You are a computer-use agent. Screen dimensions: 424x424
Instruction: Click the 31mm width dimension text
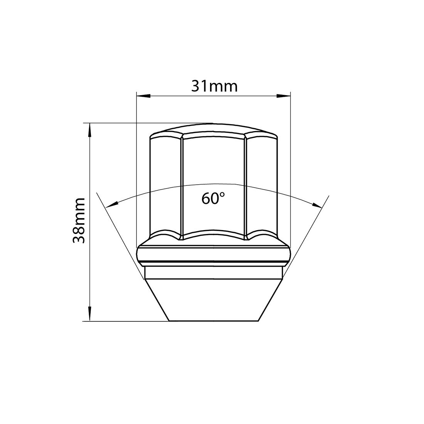pos(214,86)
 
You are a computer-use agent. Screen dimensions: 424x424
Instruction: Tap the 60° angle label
pos(213,198)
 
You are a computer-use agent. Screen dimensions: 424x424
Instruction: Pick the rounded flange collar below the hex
pos(213,254)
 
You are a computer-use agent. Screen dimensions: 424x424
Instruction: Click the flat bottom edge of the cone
pos(213,321)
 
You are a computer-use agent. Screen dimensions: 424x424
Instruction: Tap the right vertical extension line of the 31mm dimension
pos(290,162)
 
